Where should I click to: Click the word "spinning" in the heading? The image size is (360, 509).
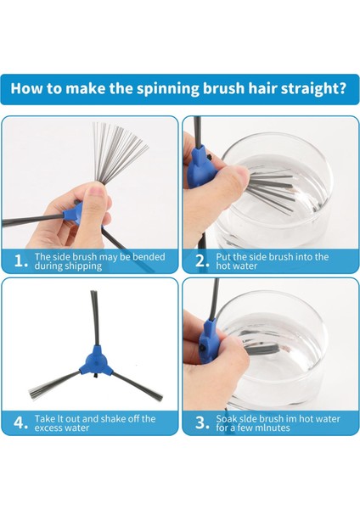(167, 89)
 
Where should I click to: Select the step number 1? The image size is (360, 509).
(21, 261)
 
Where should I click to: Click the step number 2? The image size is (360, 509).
(202, 261)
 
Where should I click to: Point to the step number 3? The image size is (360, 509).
(202, 423)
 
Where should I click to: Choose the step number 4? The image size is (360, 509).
(20, 423)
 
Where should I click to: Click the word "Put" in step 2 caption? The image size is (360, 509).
(223, 257)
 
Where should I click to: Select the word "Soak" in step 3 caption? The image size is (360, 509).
(226, 419)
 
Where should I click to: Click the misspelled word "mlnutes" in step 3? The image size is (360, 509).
(273, 428)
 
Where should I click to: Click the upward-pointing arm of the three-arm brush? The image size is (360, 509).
(94, 318)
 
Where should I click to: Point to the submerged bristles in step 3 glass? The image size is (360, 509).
(262, 350)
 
